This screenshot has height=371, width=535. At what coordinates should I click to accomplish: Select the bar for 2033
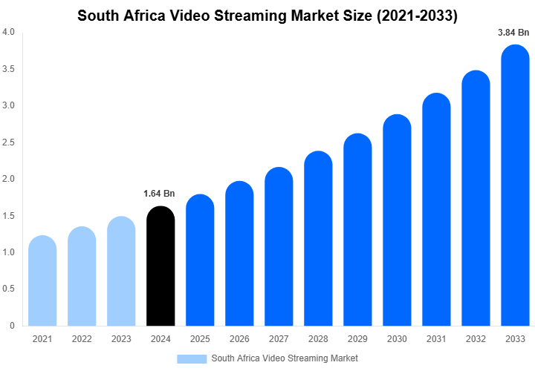pyautogui.click(x=516, y=185)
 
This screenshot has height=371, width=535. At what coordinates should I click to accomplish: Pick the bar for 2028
pyautogui.click(x=319, y=238)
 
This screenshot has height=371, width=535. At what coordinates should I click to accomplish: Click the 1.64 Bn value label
pyautogui.click(x=159, y=194)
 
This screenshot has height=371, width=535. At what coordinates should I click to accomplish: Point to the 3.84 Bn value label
pyautogui.click(x=513, y=33)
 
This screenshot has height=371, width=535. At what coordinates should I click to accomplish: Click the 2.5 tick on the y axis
pyautogui.click(x=8, y=142)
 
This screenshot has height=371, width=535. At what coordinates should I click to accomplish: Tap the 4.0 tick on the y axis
pyautogui.click(x=8, y=33)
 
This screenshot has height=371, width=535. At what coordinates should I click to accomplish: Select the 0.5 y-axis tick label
pyautogui.click(x=8, y=289)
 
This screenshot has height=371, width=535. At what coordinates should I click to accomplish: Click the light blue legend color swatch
pyautogui.click(x=192, y=359)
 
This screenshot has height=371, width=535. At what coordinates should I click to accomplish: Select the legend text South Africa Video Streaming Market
pyautogui.click(x=285, y=359)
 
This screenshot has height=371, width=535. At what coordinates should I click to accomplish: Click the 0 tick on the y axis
pyautogui.click(x=11, y=326)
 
